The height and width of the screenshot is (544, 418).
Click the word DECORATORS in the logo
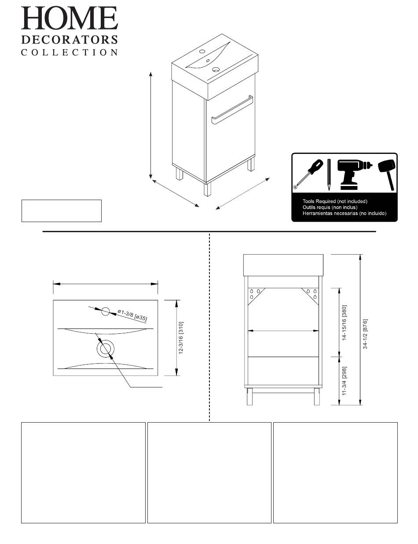(70, 40)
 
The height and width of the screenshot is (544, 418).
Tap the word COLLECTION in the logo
(70, 52)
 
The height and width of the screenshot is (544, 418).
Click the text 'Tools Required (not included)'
(334, 201)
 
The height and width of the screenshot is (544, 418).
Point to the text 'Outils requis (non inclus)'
(330, 207)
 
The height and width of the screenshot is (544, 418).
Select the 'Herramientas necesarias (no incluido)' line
(344, 213)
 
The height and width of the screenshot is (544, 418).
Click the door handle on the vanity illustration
(231, 110)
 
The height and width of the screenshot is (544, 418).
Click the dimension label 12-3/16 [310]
(181, 338)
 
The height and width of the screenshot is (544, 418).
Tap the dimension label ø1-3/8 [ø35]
(132, 315)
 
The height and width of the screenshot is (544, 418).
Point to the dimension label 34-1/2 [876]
(365, 334)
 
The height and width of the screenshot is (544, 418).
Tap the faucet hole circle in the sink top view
(105, 311)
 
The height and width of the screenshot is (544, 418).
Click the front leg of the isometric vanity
(207, 189)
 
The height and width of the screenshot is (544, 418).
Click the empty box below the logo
(62, 211)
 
